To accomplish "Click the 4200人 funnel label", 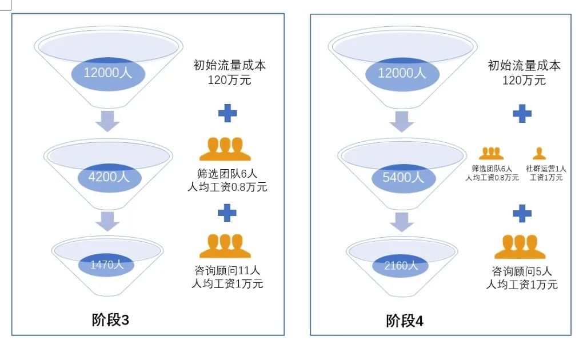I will click(x=109, y=177).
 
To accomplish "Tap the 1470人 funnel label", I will click(x=107, y=265).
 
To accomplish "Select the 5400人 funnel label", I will click(x=403, y=178).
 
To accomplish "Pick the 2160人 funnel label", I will click(x=401, y=266).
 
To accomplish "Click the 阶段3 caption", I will click(x=110, y=320).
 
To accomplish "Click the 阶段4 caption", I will click(x=405, y=321).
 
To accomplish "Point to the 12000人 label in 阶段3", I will click(x=108, y=73).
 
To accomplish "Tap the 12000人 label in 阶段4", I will click(x=402, y=73).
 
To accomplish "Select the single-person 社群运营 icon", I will click(x=539, y=153).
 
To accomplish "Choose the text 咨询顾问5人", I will click(x=522, y=271).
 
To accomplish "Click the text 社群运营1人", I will click(x=546, y=169).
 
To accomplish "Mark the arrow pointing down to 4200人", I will click(x=107, y=121).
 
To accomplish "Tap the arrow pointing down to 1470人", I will click(x=107, y=221).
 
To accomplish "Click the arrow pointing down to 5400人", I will click(x=402, y=122).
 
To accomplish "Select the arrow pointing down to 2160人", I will click(x=402, y=222).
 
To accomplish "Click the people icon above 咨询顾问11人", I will click(x=225, y=246).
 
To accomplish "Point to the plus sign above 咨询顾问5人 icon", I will click(x=522, y=214).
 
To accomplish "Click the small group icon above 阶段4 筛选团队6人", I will click(x=492, y=153).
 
